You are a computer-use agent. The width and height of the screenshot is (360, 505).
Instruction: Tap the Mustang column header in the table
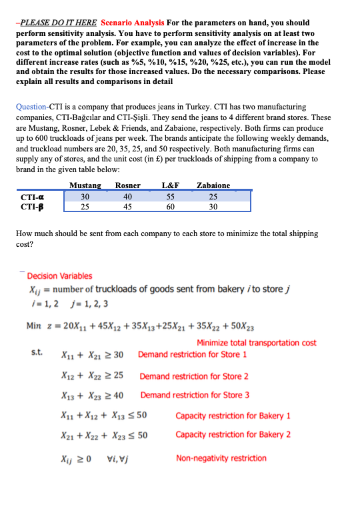pos(85,185)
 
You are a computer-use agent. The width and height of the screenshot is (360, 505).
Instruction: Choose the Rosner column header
pos(127,185)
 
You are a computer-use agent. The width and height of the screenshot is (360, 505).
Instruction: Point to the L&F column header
pos(171,185)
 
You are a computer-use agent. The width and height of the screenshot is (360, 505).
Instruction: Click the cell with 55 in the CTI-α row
pos(171,196)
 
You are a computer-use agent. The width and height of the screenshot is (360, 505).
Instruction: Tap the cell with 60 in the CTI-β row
pos(171,206)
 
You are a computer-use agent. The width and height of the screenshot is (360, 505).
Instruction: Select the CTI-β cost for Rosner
pos(127,206)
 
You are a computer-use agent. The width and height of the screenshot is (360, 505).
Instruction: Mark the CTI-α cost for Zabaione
pos(213,196)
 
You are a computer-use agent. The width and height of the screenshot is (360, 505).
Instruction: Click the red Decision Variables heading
pos(60,276)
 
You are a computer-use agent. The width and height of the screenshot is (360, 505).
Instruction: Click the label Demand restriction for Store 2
pos(194,376)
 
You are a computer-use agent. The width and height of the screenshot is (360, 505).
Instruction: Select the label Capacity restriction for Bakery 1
pos(233,416)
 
